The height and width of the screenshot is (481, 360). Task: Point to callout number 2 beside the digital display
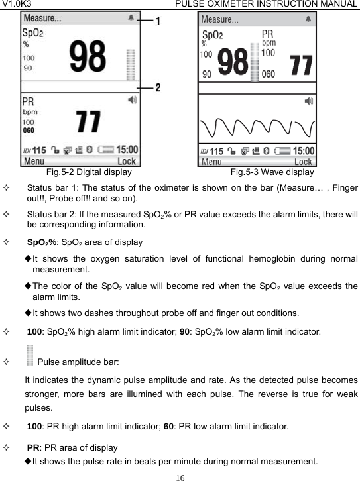158,87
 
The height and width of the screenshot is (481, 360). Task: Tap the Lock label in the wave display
303,162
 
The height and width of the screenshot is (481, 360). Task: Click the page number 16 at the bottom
180,476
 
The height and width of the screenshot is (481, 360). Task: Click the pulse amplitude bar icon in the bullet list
30,355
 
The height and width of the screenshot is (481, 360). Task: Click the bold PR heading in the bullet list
32,448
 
